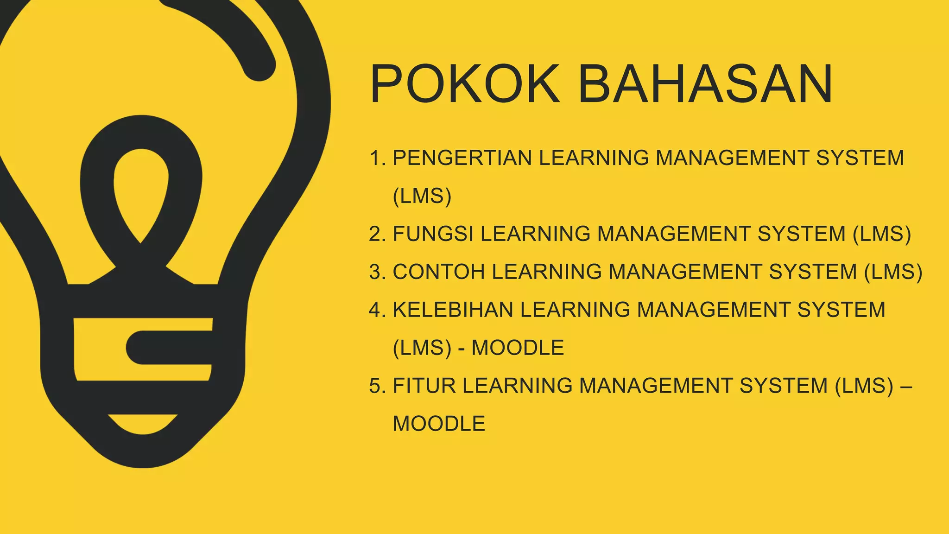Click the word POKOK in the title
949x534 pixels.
(x=465, y=84)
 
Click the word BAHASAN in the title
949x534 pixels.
(x=705, y=84)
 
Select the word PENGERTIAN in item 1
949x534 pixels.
(x=462, y=158)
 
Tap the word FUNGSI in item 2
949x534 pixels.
(x=433, y=234)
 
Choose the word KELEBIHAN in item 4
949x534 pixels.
(x=453, y=310)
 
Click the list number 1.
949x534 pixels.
(x=377, y=158)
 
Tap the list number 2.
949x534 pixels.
(x=377, y=234)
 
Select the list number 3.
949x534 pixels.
(x=377, y=272)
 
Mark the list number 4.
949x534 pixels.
(x=377, y=310)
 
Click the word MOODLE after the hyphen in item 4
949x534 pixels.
(x=518, y=348)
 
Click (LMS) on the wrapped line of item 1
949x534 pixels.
(x=422, y=196)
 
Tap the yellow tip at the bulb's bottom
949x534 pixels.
(x=142, y=423)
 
